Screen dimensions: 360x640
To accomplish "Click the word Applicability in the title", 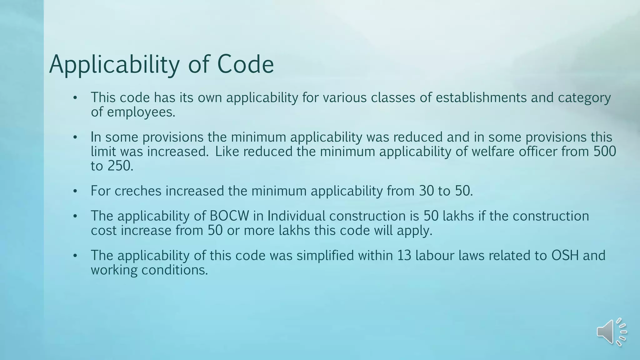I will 114,64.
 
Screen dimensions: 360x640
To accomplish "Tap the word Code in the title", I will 245,64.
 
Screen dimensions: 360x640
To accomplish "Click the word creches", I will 138,191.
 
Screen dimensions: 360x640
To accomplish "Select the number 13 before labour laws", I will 404,255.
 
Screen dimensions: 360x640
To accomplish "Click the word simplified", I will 325,255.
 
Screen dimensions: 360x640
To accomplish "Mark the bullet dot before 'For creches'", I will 75,191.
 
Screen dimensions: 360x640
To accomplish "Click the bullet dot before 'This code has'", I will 75,98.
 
